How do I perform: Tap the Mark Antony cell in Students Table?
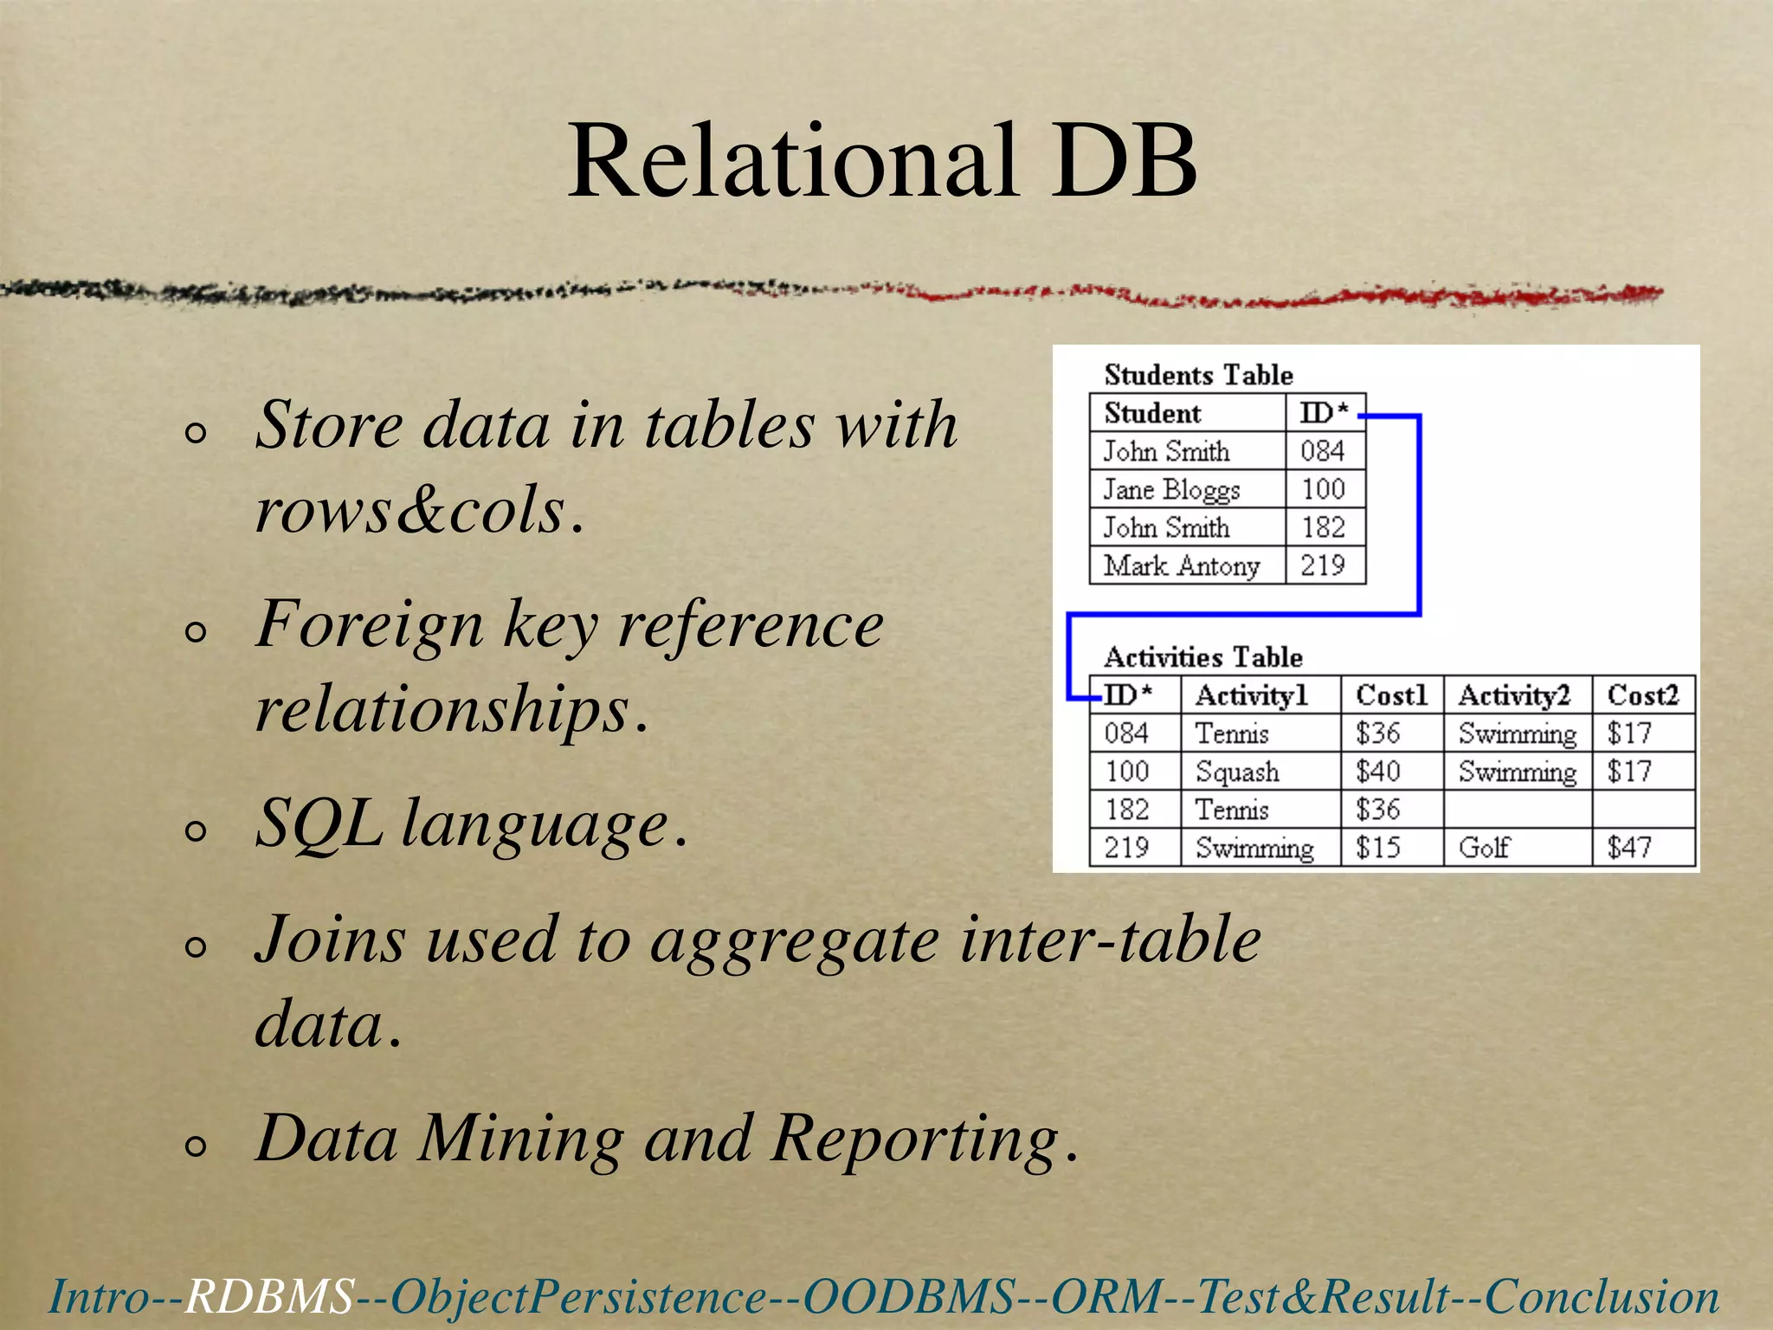pyautogui.click(x=1181, y=565)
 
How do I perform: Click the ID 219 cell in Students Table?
pyautogui.click(x=1323, y=565)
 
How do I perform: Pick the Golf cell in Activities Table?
pyautogui.click(x=1484, y=847)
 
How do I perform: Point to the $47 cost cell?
pyautogui.click(x=1629, y=847)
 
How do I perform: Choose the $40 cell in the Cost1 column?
pyautogui.click(x=1377, y=771)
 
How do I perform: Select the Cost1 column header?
pyautogui.click(x=1390, y=695)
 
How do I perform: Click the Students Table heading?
pyautogui.click(x=1198, y=375)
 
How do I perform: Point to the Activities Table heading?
pyautogui.click(x=1202, y=657)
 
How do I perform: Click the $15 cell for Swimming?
pyautogui.click(x=1377, y=847)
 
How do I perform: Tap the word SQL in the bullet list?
pyautogui.click(x=319, y=823)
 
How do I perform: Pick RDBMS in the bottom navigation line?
pyautogui.click(x=269, y=1297)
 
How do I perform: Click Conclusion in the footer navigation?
pyautogui.click(x=1602, y=1297)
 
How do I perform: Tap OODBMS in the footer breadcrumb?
pyautogui.click(x=908, y=1297)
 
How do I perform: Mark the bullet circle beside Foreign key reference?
pyautogui.click(x=197, y=632)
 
